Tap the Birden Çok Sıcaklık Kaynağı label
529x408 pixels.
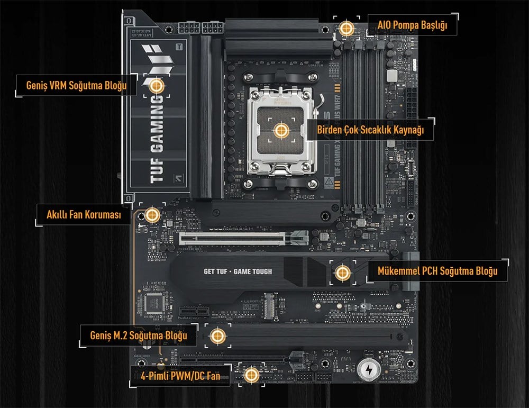[370, 130]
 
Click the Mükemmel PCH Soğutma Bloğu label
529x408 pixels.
[437, 271]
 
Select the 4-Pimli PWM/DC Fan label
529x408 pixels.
[179, 375]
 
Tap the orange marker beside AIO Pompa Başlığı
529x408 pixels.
[346, 28]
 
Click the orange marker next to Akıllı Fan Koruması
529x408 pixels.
[152, 214]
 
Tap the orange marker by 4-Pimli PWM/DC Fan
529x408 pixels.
[251, 375]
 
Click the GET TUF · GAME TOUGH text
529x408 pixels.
[238, 271]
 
